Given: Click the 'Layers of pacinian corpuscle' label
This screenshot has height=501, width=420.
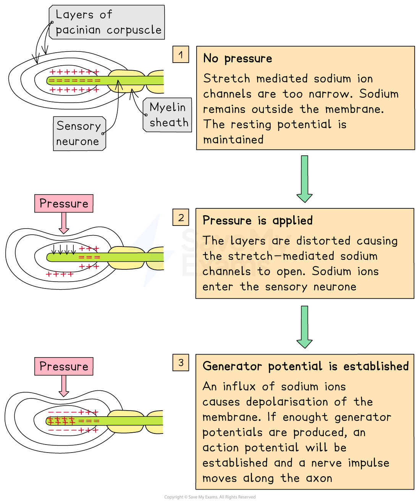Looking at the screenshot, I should pos(107,22).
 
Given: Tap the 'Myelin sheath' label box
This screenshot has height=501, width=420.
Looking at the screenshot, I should pos(168,115).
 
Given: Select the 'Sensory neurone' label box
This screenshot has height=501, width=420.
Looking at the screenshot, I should pos(79,134).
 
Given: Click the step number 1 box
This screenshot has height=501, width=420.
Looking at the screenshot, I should pos(181,55).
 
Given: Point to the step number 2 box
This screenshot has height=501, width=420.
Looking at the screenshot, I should pos(181,217).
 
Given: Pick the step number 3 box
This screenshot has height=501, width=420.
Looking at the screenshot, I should pos(181,362).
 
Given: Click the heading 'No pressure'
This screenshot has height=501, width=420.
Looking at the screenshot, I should pos(237,58).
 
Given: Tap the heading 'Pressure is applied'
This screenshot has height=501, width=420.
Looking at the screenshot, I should pos(257,221).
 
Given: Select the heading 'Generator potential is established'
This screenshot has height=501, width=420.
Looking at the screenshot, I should pos(305,366).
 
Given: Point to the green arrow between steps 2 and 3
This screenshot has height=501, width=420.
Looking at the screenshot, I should pos(304,327).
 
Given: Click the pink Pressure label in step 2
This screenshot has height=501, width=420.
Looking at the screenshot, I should pos(64,203).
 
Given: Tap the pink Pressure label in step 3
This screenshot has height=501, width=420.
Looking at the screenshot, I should pos(64,366).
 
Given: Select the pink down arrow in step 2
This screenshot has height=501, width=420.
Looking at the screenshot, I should pos(64,223).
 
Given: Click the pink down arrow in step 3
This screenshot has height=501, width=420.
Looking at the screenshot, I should pos(64,386).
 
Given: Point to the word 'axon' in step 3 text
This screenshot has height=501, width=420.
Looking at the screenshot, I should pos(319,478).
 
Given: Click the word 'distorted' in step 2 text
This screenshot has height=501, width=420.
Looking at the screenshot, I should pos(323,241).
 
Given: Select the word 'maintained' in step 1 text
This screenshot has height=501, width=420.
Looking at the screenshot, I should pos(233,140).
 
